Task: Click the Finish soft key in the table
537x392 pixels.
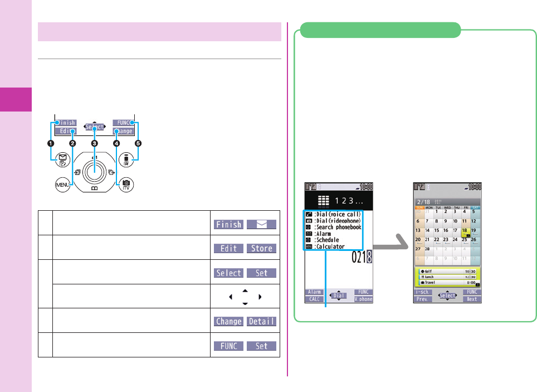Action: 228,224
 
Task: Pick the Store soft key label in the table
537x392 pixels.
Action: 261,248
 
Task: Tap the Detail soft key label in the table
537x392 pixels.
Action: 261,322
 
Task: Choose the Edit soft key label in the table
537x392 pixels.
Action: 228,248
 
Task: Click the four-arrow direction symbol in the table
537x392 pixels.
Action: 245,297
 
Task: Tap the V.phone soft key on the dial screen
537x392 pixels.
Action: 363,299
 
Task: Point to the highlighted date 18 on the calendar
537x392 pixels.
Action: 465,231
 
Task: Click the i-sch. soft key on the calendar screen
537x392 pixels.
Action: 422,292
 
